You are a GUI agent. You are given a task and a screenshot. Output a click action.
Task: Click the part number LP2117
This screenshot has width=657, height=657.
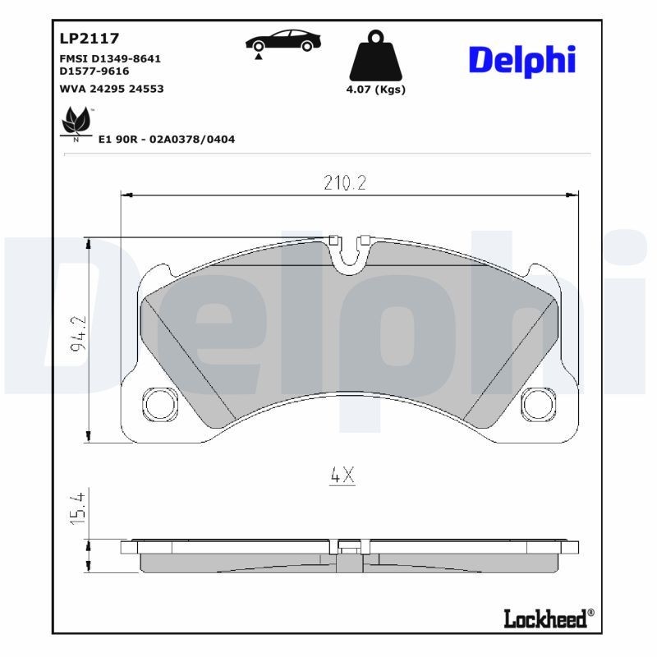coord(90,38)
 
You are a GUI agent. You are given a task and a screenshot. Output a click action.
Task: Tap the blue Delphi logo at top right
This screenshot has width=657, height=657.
coord(521,60)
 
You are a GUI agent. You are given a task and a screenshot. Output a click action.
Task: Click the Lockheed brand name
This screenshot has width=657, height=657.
coord(544,618)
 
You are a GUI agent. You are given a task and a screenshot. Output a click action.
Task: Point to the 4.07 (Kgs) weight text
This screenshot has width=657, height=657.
coord(376,90)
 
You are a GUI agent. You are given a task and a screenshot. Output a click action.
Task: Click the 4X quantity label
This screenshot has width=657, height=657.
coord(341,475)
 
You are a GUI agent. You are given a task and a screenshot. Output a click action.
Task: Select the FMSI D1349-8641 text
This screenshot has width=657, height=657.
coord(110,59)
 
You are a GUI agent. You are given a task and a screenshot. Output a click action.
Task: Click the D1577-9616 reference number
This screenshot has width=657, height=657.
coord(94,71)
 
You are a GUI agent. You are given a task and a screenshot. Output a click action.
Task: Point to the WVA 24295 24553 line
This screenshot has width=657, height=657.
coord(112,88)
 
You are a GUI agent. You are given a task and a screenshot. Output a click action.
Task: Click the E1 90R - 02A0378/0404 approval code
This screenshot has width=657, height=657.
coord(166,140)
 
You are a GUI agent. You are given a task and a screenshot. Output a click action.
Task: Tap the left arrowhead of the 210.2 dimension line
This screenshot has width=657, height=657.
coord(126,195)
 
